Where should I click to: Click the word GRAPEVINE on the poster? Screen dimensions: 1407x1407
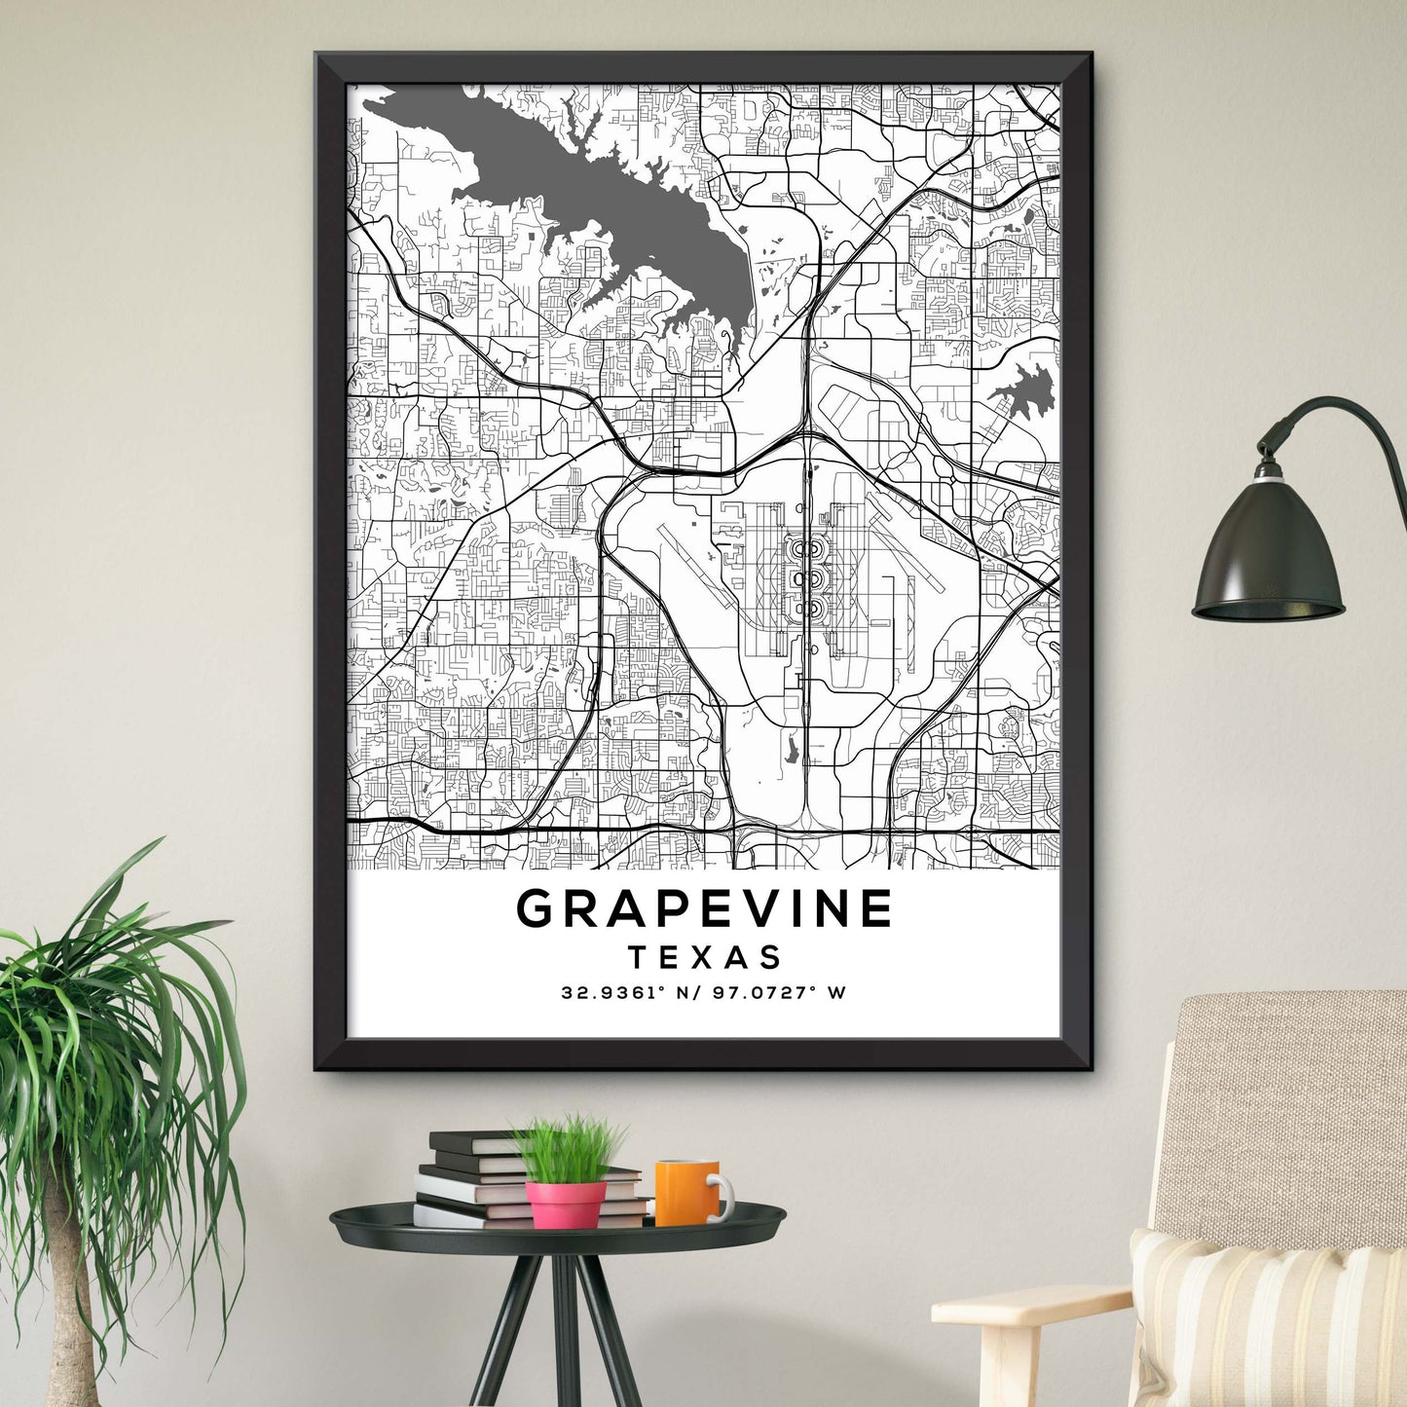[704, 908]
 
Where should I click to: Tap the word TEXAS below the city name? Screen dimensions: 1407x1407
[704, 957]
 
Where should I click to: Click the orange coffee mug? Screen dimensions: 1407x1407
[685, 1192]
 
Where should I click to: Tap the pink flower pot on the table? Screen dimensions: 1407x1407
[566, 1203]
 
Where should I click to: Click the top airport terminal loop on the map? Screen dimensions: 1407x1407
[804, 549]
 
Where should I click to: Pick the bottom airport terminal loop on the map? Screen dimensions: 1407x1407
[804, 610]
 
